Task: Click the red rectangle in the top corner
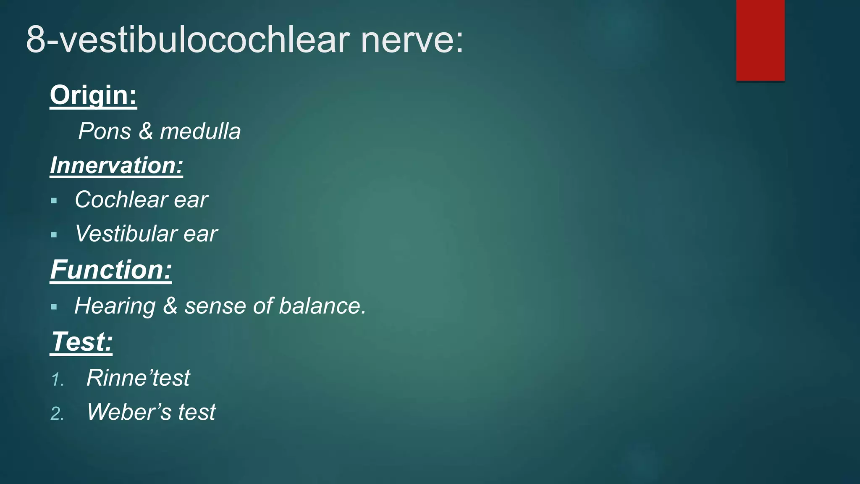(x=760, y=40)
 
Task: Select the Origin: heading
(x=93, y=95)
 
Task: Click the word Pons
(x=105, y=132)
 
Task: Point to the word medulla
(x=200, y=132)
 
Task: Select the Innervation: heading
(x=116, y=166)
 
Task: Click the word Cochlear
(x=121, y=200)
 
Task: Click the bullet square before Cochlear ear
(x=54, y=201)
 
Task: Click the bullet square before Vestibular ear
(x=54, y=235)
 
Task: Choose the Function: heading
(x=111, y=270)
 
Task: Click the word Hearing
(x=115, y=306)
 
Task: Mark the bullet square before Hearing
(x=54, y=307)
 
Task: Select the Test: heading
(x=81, y=342)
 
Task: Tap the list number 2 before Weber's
(x=57, y=414)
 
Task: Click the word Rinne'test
(x=138, y=378)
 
